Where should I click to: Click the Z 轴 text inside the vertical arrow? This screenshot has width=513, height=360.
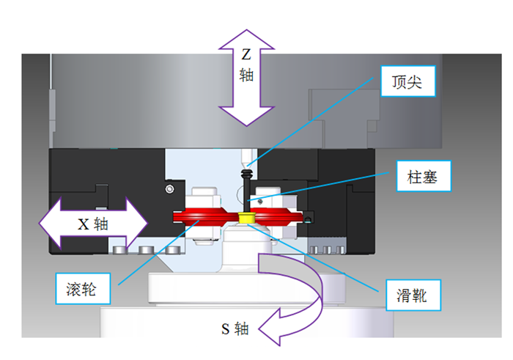[247, 65]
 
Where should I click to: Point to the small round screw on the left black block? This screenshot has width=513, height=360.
[169, 190]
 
